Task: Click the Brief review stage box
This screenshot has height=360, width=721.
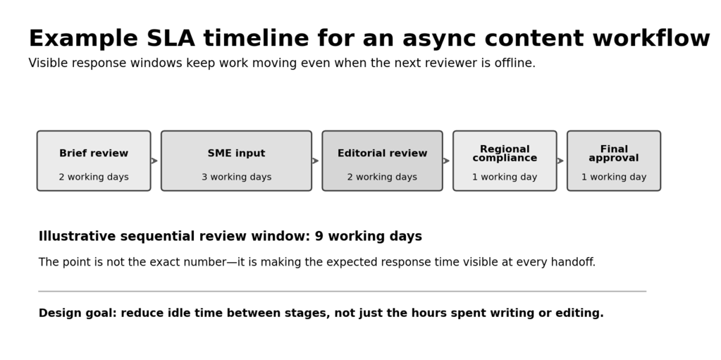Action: pyautogui.click(x=94, y=161)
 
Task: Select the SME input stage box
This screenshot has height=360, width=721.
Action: pyautogui.click(x=236, y=161)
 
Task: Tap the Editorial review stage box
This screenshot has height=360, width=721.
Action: pyautogui.click(x=382, y=161)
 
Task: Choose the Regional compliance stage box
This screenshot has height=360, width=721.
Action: pyautogui.click(x=505, y=161)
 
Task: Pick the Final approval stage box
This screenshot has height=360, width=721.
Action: pyautogui.click(x=614, y=161)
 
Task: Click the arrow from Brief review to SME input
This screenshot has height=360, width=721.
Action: pyautogui.click(x=154, y=161)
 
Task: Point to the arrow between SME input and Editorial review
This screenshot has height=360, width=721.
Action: pyautogui.click(x=316, y=161)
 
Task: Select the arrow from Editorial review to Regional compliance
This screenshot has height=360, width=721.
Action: pyautogui.click(x=447, y=161)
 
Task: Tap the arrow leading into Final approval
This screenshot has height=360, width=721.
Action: pyautogui.click(x=560, y=161)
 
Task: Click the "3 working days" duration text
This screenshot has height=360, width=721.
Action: pyautogui.click(x=236, y=177)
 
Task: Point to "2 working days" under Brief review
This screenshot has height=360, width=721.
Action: pyautogui.click(x=94, y=177)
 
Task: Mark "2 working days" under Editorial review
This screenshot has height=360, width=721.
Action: pyautogui.click(x=382, y=177)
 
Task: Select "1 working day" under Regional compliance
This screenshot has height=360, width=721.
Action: pyautogui.click(x=505, y=177)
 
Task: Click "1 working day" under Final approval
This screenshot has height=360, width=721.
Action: pyautogui.click(x=614, y=177)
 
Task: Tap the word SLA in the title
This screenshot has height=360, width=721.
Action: pyautogui.click(x=171, y=38)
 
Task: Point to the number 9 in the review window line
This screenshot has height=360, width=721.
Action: pyautogui.click(x=319, y=236)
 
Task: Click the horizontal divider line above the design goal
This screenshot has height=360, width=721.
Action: pyautogui.click(x=342, y=291)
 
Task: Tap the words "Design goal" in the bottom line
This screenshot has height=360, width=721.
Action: pyautogui.click(x=78, y=313)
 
